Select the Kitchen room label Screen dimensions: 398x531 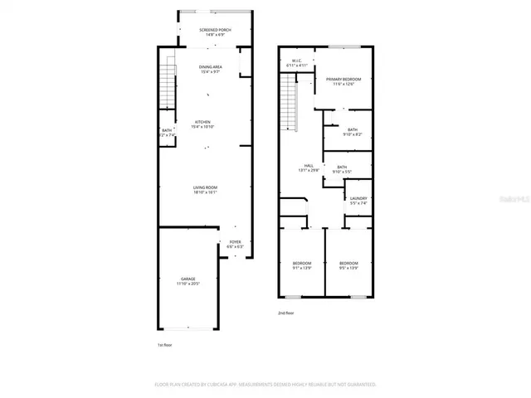pos(203,124)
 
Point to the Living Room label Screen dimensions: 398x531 pos(205,191)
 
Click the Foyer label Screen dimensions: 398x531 pos(235,244)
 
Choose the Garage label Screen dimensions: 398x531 pos(188,281)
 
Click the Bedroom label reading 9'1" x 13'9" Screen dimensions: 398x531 pos(301,265)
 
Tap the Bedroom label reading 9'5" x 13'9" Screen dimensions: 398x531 pos(348,265)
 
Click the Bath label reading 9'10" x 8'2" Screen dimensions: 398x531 pos(353,132)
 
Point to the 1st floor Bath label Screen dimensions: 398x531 pos(166,132)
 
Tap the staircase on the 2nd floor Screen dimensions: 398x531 pos(289,95)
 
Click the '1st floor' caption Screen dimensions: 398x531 pos(165,345)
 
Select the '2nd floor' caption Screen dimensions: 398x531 pos(286,313)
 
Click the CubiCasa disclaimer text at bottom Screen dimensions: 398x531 pos(265,385)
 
